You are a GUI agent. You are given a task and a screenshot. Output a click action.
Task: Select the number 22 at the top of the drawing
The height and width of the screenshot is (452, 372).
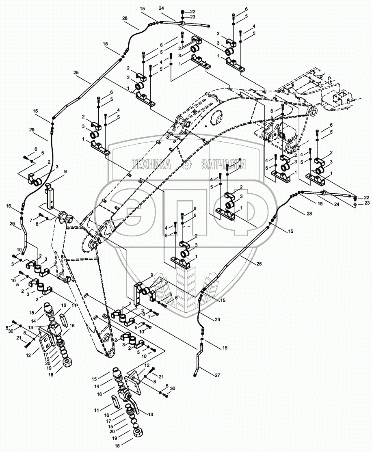(x=192, y=11)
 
